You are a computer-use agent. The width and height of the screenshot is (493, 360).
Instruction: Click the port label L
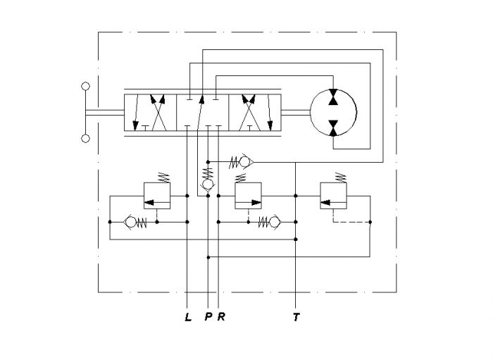click(x=188, y=317)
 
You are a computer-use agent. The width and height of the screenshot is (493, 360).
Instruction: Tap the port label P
click(x=208, y=316)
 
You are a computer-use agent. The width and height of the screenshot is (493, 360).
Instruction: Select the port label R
click(x=221, y=316)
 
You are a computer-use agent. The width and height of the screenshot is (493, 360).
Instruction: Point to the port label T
click(x=297, y=317)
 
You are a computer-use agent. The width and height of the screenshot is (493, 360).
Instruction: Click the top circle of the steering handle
click(x=85, y=86)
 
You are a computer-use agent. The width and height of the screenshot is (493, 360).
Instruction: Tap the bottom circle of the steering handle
click(x=85, y=138)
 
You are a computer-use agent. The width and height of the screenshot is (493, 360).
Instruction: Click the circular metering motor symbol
click(x=333, y=112)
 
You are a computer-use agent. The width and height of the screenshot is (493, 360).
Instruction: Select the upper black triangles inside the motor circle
click(x=333, y=97)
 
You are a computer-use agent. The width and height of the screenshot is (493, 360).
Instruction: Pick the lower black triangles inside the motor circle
click(x=333, y=128)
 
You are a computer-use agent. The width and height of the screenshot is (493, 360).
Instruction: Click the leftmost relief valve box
click(x=157, y=196)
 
